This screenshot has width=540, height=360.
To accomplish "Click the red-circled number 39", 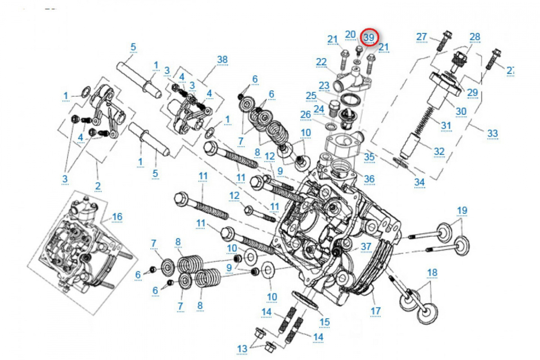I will [x=369, y=37].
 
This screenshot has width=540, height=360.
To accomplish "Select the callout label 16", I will [x=117, y=217].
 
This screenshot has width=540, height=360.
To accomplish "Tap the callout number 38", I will [x=222, y=59].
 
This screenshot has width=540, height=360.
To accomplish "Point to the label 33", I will [x=493, y=133].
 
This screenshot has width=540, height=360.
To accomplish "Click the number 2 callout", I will [x=98, y=186].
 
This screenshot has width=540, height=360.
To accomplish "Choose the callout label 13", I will [x=242, y=348].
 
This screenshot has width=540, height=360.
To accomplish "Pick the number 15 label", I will [x=324, y=322].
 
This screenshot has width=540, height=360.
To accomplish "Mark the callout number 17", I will [x=376, y=310].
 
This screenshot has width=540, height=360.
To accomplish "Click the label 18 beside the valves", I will [x=432, y=272].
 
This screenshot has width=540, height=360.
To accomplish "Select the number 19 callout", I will [x=462, y=210].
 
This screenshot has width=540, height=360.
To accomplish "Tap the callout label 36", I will [x=369, y=179].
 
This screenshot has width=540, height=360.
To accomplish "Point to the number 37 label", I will [x=366, y=246].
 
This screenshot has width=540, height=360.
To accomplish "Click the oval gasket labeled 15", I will [x=306, y=301].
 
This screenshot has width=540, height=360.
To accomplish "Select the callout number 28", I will [x=475, y=37].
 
